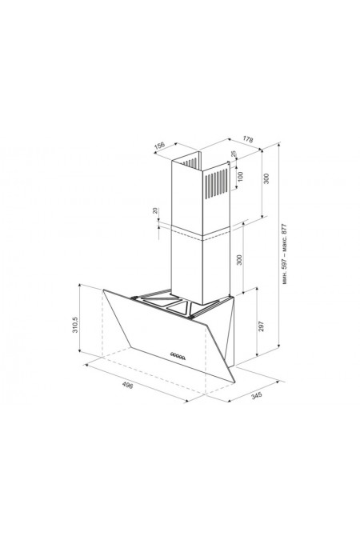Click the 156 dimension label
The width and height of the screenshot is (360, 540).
159,146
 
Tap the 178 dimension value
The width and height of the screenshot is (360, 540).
248,139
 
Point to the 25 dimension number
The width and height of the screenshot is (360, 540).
234,154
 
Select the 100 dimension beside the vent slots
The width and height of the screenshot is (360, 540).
241,176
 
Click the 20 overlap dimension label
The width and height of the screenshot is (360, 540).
155,210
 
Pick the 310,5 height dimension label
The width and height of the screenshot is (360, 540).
75,325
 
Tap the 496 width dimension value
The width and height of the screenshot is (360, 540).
127,385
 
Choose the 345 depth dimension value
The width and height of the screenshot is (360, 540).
257,395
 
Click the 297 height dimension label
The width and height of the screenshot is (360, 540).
261,326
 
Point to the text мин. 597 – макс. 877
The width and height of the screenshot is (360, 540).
284,254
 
